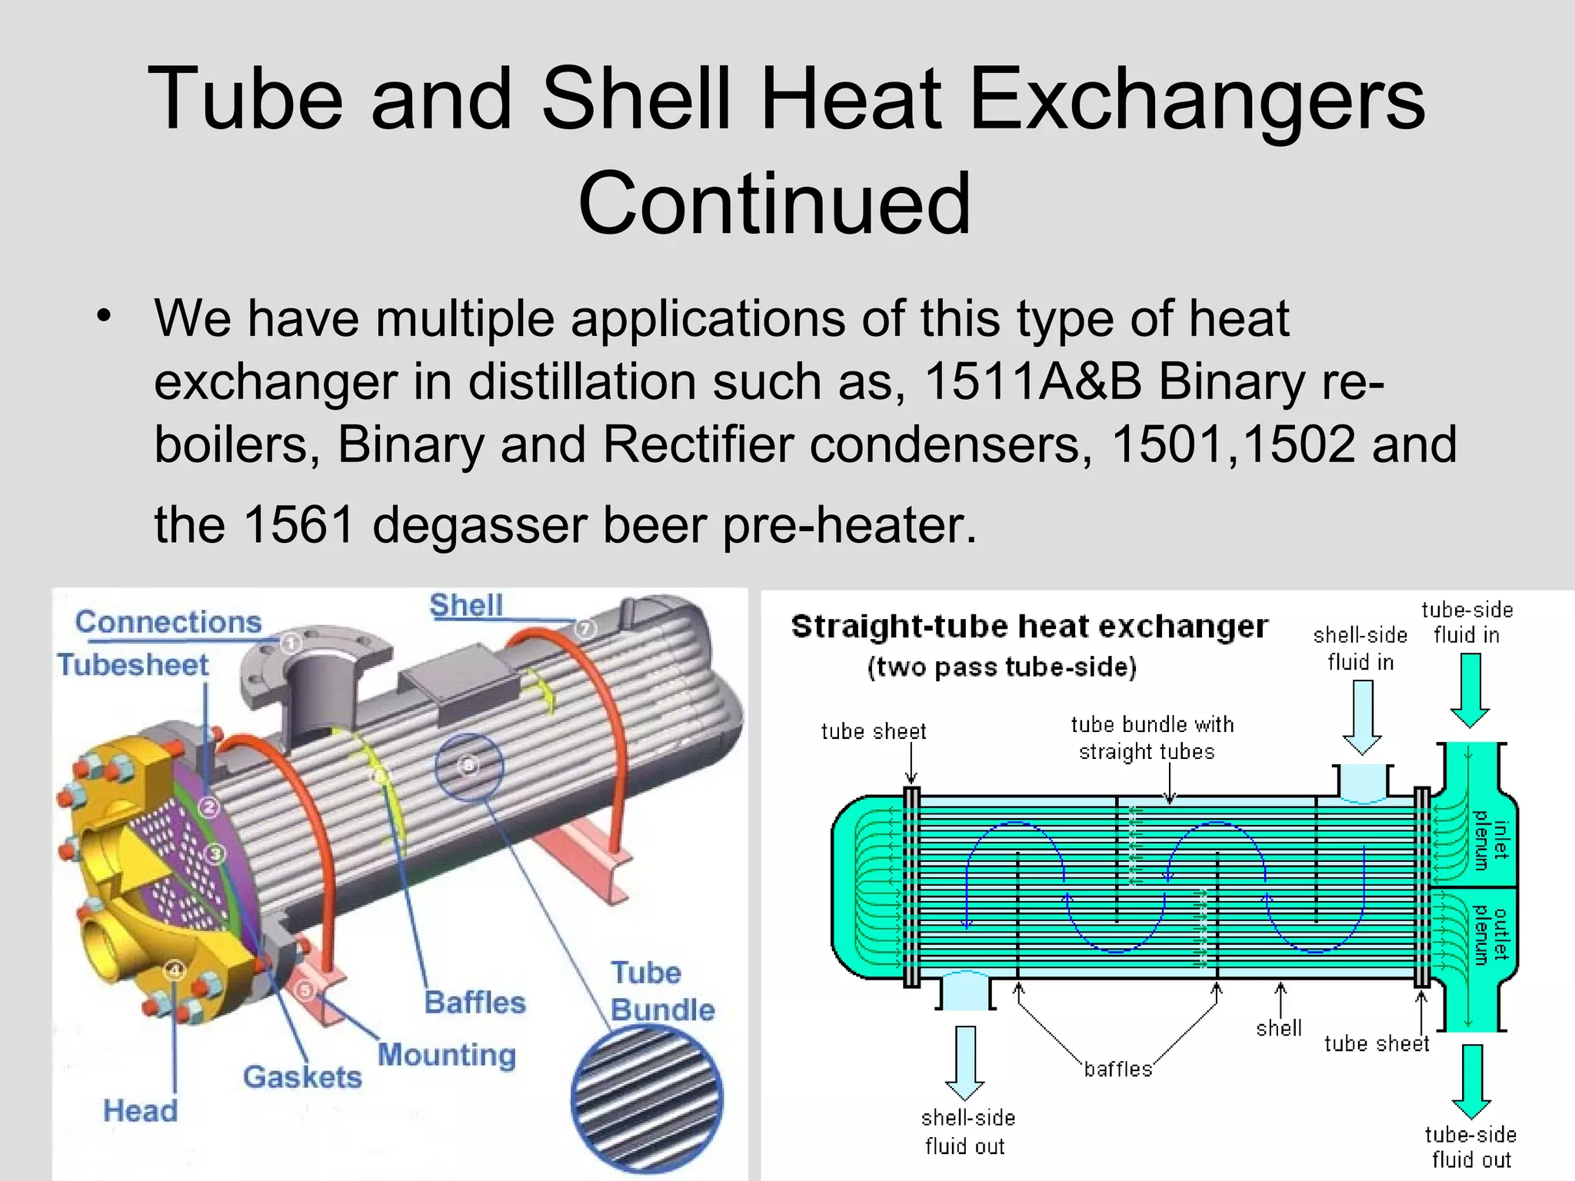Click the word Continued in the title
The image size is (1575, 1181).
click(774, 204)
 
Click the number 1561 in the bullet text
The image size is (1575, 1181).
click(298, 524)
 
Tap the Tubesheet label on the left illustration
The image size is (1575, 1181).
click(133, 665)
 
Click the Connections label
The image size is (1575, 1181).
click(168, 622)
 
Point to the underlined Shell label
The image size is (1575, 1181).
click(466, 605)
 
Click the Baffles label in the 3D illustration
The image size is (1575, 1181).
click(475, 1003)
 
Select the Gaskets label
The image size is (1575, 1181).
click(302, 1077)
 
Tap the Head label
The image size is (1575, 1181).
click(140, 1111)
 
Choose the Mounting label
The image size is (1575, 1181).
click(447, 1054)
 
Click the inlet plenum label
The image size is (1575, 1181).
click(1490, 840)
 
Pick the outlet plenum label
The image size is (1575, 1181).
click(1490, 934)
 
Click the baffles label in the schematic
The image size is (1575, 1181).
click(1118, 1070)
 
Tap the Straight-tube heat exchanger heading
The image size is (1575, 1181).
click(1029, 627)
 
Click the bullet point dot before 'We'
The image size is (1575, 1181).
click(105, 316)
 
